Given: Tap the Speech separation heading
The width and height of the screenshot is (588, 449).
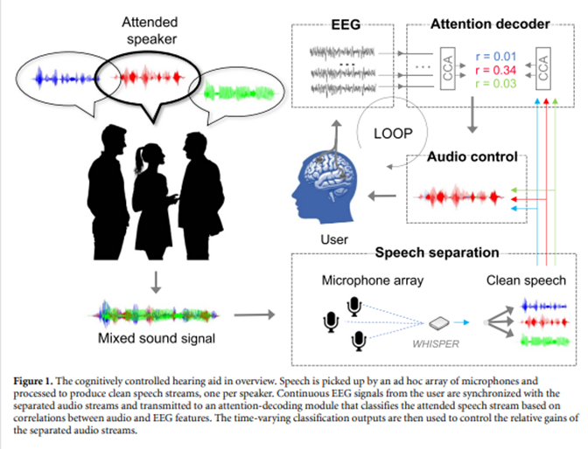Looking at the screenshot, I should tap(437, 253).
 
